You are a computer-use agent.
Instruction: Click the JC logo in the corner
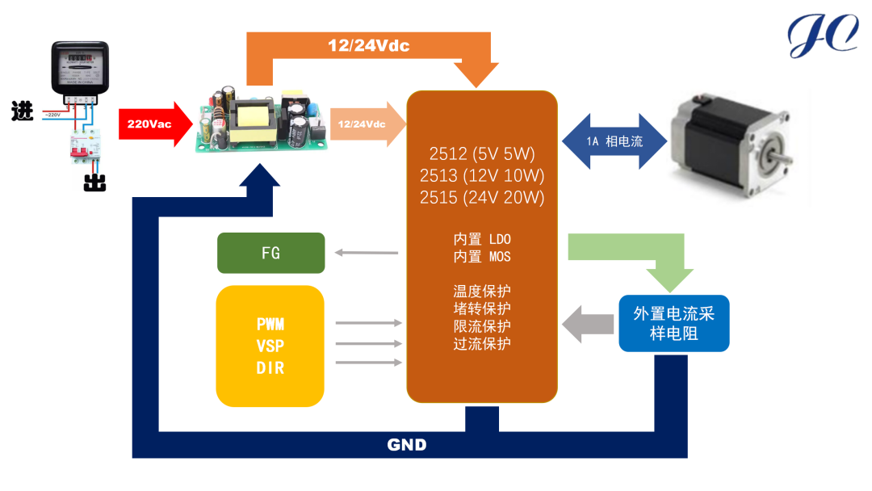(x=822, y=36)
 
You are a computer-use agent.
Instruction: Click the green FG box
(x=271, y=253)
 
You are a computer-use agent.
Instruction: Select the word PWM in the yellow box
(x=270, y=325)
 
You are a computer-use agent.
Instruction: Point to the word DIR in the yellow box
(x=270, y=367)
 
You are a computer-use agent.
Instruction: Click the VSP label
(x=270, y=346)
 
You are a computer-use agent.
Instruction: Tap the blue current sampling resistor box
(x=673, y=323)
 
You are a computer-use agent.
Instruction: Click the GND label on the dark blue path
(x=407, y=445)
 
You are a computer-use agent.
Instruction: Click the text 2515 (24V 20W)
(x=482, y=197)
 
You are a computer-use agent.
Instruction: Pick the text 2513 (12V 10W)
(x=482, y=175)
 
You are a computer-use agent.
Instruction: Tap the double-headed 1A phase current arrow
(x=614, y=141)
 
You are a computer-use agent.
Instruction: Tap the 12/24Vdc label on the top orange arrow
(x=369, y=45)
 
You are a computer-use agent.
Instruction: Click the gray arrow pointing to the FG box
(x=367, y=253)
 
